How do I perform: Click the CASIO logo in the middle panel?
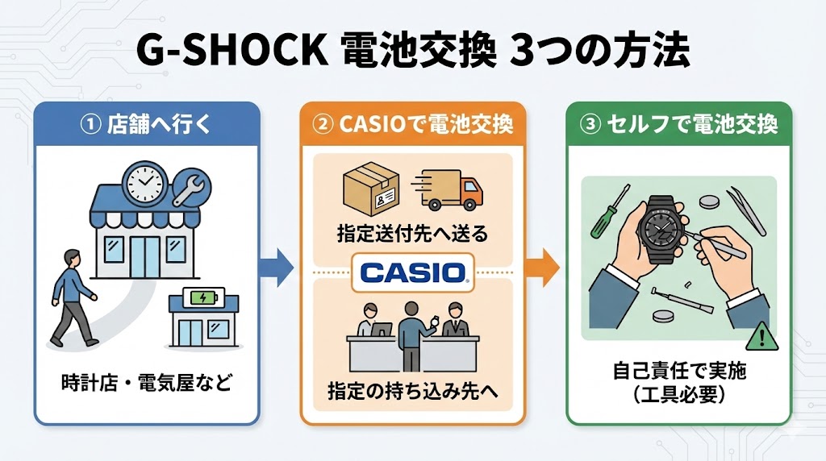pos(413,272)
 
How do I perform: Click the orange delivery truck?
pos(451,190)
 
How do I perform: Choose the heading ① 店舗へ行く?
pos(147,125)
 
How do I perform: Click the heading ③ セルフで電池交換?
pos(678,125)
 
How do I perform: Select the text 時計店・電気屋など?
pos(146,381)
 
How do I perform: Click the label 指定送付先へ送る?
pos(412,236)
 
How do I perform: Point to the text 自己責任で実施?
pos(678,372)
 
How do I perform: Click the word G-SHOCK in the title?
pos(231,53)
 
